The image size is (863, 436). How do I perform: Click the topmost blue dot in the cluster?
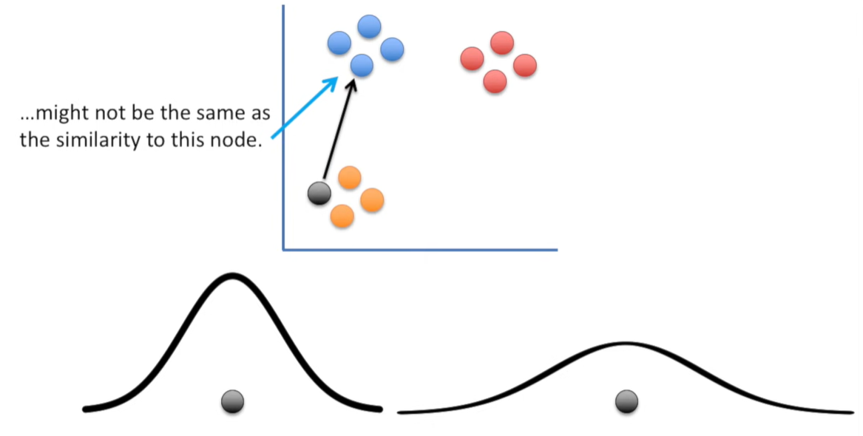(369, 27)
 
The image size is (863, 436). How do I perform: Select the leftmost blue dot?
(339, 43)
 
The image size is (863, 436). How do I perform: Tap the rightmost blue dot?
(392, 50)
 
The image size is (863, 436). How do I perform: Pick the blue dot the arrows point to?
(362, 67)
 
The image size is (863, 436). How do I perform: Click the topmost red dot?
(502, 43)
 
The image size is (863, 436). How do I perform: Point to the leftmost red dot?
(472, 58)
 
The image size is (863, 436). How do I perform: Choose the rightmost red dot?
(524, 65)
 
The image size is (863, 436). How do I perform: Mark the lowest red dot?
(495, 81)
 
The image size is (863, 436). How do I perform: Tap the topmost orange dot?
(349, 177)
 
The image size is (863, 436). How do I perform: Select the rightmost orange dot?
(372, 200)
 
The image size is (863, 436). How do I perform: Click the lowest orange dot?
(342, 216)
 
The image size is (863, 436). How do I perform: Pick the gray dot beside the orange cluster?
(319, 193)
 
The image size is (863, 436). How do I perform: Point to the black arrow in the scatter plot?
(337, 129)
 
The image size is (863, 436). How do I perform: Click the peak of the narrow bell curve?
(232, 276)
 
